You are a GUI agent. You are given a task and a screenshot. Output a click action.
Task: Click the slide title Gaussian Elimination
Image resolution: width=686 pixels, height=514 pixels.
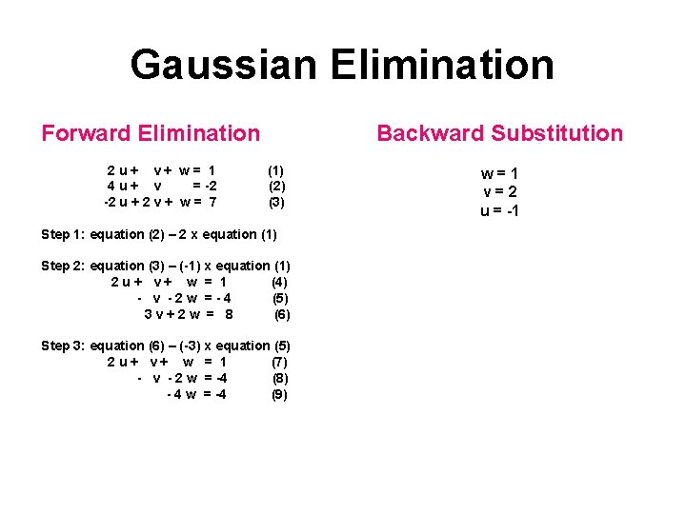(342, 65)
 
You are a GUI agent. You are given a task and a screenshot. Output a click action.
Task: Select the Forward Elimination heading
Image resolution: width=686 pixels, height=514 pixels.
(151, 133)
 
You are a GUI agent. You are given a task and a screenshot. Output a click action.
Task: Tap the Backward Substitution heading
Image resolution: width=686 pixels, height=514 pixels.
(499, 133)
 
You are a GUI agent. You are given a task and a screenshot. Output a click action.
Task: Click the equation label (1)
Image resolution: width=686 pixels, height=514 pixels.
(276, 169)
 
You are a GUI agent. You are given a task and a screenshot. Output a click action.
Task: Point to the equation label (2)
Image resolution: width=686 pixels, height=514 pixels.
(276, 186)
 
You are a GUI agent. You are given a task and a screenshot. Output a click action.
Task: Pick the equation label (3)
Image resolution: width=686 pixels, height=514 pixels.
(276, 202)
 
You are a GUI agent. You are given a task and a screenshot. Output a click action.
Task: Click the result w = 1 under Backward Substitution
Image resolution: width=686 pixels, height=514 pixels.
(499, 174)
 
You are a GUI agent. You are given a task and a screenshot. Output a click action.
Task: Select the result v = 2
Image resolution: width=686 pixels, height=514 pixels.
(499, 192)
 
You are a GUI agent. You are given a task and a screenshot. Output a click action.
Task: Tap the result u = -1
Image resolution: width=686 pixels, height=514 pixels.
(499, 210)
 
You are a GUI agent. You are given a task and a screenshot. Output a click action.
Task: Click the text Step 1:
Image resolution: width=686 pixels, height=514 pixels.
(63, 234)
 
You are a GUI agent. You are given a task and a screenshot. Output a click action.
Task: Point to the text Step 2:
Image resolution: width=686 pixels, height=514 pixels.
(63, 266)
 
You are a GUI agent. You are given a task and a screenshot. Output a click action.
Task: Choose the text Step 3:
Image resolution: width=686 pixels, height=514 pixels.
(63, 346)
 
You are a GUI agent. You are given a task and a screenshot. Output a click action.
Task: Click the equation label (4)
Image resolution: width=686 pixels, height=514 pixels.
(280, 282)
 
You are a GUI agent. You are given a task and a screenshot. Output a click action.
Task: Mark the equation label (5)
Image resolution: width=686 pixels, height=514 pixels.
(280, 298)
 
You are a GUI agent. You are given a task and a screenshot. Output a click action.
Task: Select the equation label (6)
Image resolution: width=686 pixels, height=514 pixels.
(282, 314)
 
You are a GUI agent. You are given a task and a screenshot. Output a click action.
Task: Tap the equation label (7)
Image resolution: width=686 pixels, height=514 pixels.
(280, 362)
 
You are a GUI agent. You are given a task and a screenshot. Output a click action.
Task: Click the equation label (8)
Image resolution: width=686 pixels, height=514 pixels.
(280, 378)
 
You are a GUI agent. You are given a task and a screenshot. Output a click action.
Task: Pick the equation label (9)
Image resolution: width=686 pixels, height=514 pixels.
(280, 394)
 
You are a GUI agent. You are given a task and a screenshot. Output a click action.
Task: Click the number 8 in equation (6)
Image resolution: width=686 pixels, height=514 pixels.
(229, 314)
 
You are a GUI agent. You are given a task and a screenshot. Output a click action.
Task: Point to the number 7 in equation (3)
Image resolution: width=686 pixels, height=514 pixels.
(212, 202)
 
